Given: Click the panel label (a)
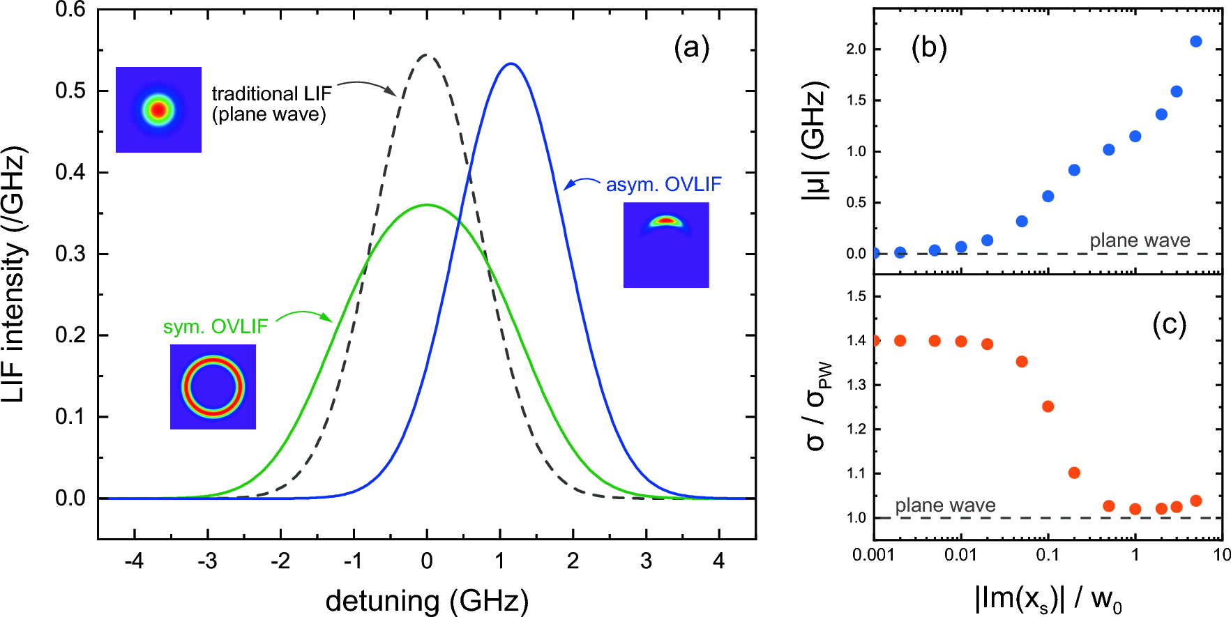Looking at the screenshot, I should point(691,48).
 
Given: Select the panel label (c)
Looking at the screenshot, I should point(1169,324).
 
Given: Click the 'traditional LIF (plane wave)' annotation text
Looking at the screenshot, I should point(271,104).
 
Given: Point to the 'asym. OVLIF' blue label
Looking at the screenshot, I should point(663,185).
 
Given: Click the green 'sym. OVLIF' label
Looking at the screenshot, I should point(216,327).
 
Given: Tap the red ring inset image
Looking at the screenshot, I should point(213,387).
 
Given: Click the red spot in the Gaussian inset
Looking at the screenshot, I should point(158,110).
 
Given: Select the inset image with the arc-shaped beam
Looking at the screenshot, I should point(666,245).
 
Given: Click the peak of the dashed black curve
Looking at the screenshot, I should point(427,54).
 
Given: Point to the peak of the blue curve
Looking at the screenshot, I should point(511,63).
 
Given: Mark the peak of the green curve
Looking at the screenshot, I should point(427,204).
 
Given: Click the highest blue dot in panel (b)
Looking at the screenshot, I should point(1196,41).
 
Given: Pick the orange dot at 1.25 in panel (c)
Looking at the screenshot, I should point(1048,406).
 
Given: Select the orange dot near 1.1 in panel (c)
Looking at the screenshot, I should point(1074,473).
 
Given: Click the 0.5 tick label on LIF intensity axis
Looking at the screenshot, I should point(70,91).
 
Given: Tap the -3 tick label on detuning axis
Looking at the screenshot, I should point(207,561).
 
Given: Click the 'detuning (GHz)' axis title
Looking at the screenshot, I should point(427,600).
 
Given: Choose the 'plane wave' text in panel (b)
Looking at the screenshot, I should point(1140,241).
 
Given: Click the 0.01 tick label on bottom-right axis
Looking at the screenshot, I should point(960,555).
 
